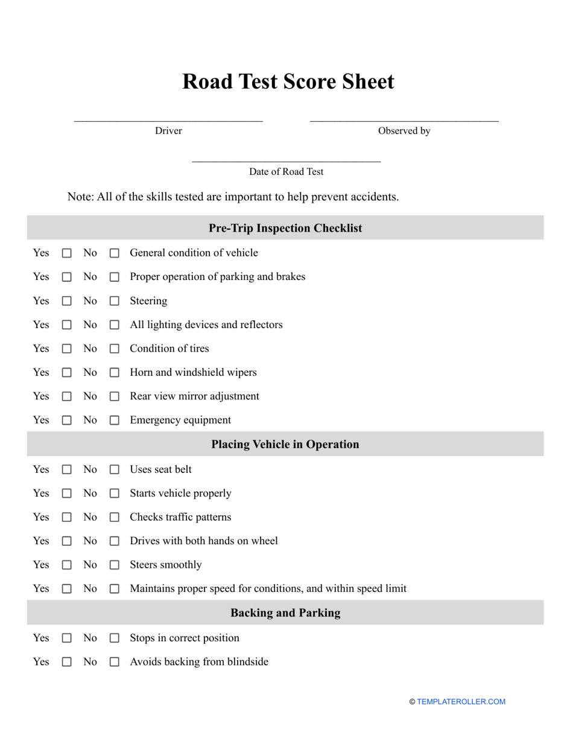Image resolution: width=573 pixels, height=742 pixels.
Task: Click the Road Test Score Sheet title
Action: pyautogui.click(x=288, y=82)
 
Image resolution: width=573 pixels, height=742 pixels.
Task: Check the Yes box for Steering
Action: pyautogui.click(x=67, y=301)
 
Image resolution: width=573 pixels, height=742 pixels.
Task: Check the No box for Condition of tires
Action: pyautogui.click(x=114, y=349)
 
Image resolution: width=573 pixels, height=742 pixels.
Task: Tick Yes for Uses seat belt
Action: pyautogui.click(x=67, y=469)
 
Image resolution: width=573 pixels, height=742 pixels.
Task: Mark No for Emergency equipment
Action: pyautogui.click(x=114, y=420)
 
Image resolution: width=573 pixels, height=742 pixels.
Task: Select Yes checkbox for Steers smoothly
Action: pyautogui.click(x=67, y=565)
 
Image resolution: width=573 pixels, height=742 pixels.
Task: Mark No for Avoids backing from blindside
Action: pyautogui.click(x=114, y=662)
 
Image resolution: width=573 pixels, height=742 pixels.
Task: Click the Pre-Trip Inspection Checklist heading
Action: pyautogui.click(x=285, y=228)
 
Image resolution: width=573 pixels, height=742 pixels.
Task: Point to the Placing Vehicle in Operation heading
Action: pyautogui.click(x=285, y=445)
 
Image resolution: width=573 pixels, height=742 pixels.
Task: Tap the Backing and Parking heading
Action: pyautogui.click(x=285, y=613)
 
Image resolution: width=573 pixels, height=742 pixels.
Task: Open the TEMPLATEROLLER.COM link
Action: pyautogui.click(x=461, y=702)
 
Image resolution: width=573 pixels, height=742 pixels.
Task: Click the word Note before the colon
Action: pyautogui.click(x=80, y=197)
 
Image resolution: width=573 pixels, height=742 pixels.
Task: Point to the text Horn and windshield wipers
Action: pyautogui.click(x=193, y=372)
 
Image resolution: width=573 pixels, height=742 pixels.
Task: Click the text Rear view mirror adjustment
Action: pyautogui.click(x=194, y=396)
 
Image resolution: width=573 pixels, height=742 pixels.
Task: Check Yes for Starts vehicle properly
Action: pyautogui.click(x=67, y=493)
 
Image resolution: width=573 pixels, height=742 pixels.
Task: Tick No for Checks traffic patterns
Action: pyautogui.click(x=114, y=518)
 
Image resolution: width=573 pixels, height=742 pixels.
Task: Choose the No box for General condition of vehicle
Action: pyautogui.click(x=114, y=253)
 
